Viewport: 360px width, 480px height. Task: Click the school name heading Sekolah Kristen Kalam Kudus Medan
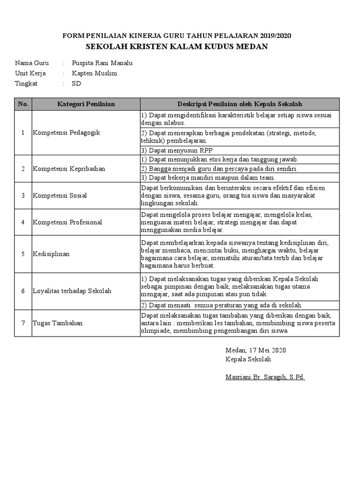coord(177,46)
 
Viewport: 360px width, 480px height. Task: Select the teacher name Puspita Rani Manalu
coord(102,63)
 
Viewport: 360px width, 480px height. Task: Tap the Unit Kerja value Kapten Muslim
coord(94,73)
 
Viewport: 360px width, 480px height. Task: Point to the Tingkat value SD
coord(76,83)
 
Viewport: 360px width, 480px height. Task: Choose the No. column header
coord(23,104)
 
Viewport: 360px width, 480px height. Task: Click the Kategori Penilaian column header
coord(86,104)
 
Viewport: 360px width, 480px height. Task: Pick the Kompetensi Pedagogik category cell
coord(66,133)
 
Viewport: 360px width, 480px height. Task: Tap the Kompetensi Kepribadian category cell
coord(69,168)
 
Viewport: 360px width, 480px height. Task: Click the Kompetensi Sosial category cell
coord(60,195)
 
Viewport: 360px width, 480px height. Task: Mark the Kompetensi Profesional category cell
coord(67,222)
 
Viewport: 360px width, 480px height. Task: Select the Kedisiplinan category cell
coord(51,254)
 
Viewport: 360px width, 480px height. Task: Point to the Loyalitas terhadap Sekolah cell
coord(72,291)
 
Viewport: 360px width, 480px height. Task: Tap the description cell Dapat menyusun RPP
coord(170,150)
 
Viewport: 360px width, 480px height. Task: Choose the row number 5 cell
coord(23,254)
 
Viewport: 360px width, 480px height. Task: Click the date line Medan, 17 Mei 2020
coord(255,350)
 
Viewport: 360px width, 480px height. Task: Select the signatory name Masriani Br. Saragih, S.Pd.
coord(265,377)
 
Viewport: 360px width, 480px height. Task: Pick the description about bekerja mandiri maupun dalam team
coord(208,177)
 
